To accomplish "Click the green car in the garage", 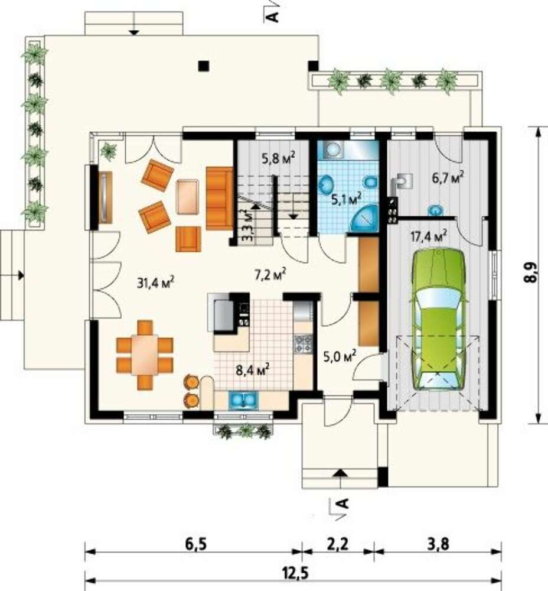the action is [441, 320].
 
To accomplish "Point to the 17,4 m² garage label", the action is [429, 236].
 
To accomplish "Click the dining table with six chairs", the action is [145, 354].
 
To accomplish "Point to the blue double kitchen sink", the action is [243, 400].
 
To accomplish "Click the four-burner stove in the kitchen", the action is [303, 344].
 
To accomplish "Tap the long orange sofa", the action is [220, 199].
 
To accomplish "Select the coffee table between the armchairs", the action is [188, 196].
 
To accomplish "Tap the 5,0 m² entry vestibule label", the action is [340, 356].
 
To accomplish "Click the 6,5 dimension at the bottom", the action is [196, 544].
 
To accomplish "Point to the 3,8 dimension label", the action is [439, 544].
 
